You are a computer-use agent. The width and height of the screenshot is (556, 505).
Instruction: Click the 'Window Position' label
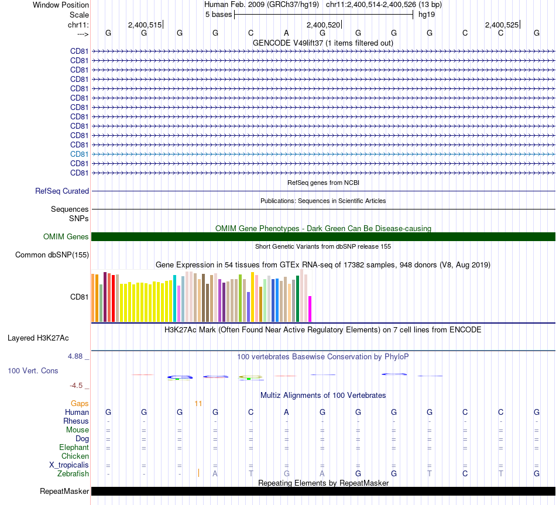click(61, 5)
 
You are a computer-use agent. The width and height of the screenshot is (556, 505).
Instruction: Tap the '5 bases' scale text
click(218, 15)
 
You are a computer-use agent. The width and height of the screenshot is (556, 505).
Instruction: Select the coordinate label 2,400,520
click(323, 25)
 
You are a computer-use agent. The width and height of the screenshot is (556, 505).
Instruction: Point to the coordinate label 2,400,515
click(145, 25)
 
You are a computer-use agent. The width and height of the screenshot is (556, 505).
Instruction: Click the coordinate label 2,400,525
click(502, 25)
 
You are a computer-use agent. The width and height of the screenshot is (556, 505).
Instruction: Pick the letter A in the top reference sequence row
click(286, 33)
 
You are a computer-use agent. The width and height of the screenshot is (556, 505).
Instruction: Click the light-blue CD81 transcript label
click(79, 154)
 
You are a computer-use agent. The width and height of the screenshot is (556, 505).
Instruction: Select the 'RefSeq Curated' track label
click(62, 191)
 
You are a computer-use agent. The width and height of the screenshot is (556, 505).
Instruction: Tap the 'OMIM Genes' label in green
click(66, 237)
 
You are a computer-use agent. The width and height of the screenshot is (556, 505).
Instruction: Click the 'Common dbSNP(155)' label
click(52, 255)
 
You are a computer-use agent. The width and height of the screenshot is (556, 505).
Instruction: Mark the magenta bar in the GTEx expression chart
click(310, 309)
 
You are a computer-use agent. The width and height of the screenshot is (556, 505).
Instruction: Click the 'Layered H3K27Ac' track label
click(38, 338)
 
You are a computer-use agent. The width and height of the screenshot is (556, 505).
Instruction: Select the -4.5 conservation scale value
click(77, 386)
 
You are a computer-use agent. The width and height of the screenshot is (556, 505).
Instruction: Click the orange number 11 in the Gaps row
click(198, 404)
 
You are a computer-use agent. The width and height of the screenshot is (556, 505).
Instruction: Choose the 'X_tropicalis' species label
click(69, 465)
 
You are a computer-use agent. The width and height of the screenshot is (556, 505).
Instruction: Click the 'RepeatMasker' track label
click(64, 492)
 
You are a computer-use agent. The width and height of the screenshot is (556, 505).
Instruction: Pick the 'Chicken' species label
click(75, 456)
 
